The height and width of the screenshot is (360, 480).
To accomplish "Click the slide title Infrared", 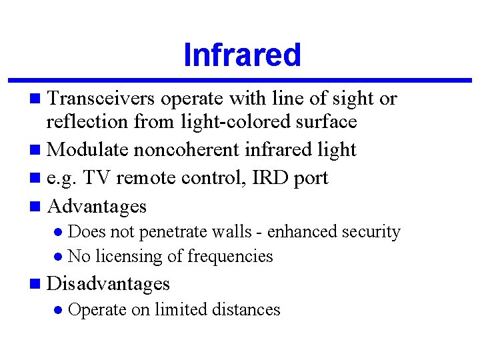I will coord(242,55).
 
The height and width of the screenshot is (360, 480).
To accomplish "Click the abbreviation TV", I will coord(98,178).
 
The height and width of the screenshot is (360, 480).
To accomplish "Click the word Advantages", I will coord(97,206).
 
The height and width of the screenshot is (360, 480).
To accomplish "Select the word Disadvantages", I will coord(109,283).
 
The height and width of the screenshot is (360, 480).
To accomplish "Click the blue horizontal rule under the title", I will coord(240,81).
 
